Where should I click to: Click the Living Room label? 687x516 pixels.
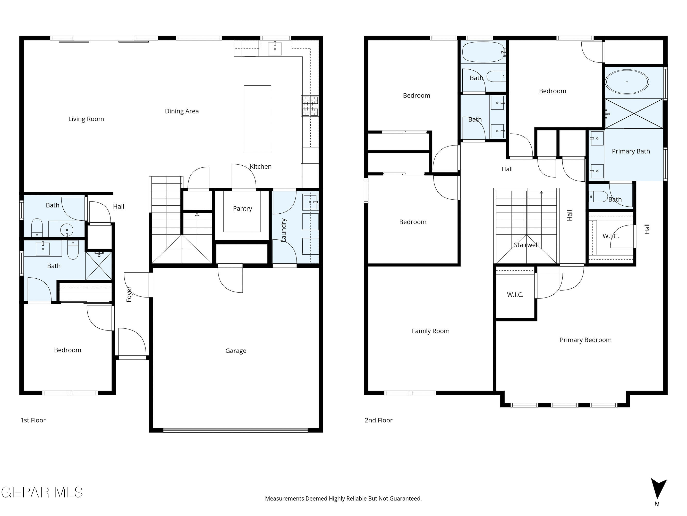[x=86, y=119]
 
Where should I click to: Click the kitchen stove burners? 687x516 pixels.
[x=310, y=106]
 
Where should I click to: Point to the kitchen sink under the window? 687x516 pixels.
[x=275, y=49]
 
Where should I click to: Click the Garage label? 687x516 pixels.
[x=236, y=351]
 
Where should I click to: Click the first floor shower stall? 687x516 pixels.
[x=99, y=265]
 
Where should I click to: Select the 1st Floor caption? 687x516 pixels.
[x=33, y=420]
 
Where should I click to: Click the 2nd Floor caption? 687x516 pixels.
[x=378, y=420]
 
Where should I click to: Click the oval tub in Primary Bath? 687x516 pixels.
[x=627, y=82]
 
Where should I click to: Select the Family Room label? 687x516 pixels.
[x=430, y=331]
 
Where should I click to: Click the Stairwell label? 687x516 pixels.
[x=526, y=245]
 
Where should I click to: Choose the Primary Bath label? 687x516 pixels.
[x=631, y=151]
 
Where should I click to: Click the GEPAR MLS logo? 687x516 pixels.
[x=42, y=492]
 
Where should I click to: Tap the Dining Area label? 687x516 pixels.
[x=182, y=111]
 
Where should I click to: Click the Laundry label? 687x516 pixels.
[x=284, y=230]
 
